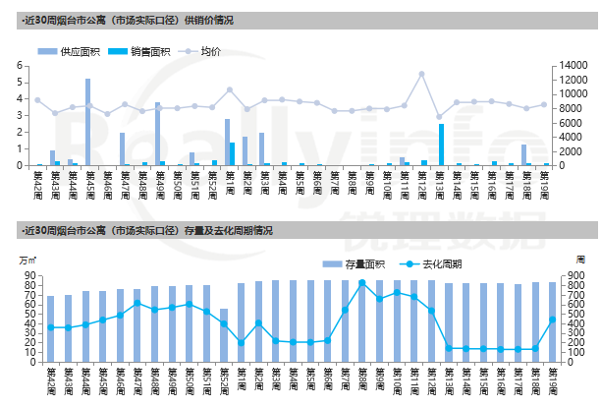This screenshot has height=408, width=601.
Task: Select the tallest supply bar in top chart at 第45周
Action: (x=88, y=121)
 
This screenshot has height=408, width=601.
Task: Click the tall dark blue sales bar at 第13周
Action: (x=442, y=144)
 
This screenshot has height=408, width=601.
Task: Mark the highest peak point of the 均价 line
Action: (x=421, y=74)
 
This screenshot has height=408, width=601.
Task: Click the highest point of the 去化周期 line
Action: (x=362, y=283)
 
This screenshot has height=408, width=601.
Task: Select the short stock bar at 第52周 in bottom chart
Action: (x=224, y=335)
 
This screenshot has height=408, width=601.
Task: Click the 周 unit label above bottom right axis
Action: (x=579, y=259)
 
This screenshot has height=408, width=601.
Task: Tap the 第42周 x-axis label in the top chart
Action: (x=37, y=181)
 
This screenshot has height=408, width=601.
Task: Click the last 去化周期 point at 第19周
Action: (x=553, y=320)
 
